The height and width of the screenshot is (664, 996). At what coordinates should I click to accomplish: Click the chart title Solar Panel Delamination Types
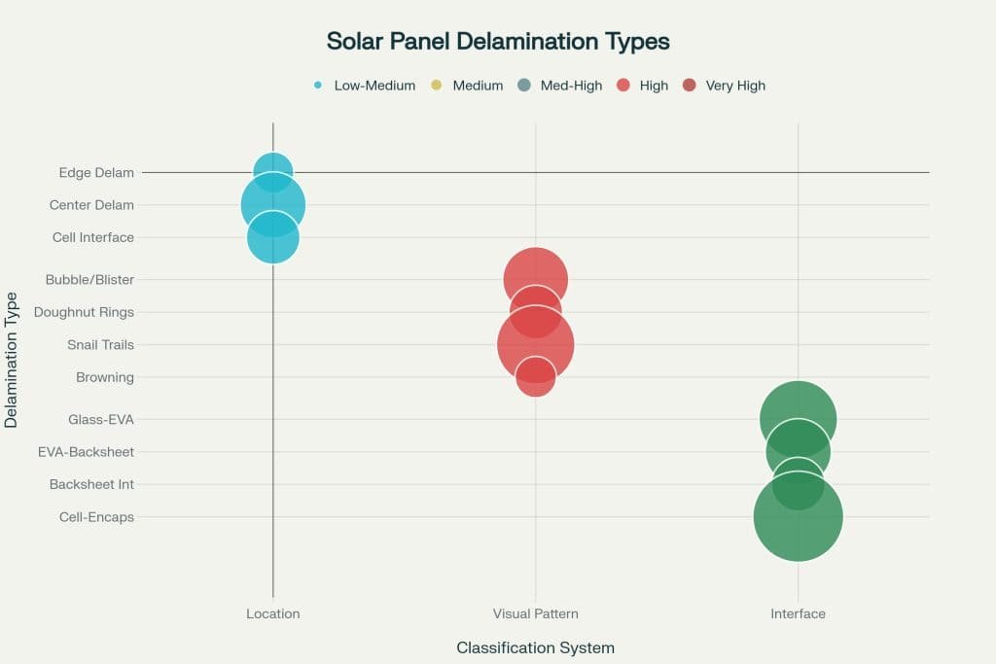[498, 42]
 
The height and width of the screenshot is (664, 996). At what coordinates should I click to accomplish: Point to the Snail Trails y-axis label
[100, 345]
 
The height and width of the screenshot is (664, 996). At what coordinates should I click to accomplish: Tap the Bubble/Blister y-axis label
[89, 280]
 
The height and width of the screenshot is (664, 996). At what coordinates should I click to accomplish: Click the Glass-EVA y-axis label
[101, 420]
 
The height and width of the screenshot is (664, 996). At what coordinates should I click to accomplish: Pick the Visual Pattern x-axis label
[535, 614]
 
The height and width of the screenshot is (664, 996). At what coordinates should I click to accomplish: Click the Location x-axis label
[272, 614]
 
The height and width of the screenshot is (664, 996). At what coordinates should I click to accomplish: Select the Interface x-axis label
[798, 614]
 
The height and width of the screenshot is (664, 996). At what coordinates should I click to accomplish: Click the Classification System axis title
[535, 647]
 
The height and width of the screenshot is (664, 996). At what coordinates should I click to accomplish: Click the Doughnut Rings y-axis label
[84, 312]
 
